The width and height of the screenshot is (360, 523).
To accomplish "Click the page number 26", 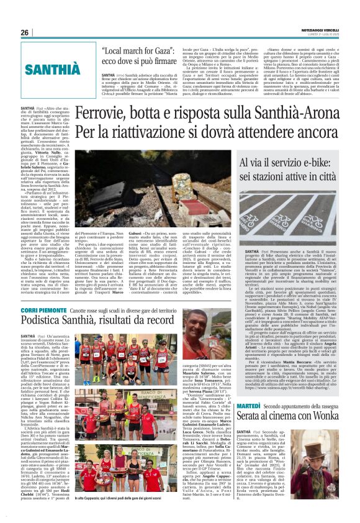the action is pos(25,33).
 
